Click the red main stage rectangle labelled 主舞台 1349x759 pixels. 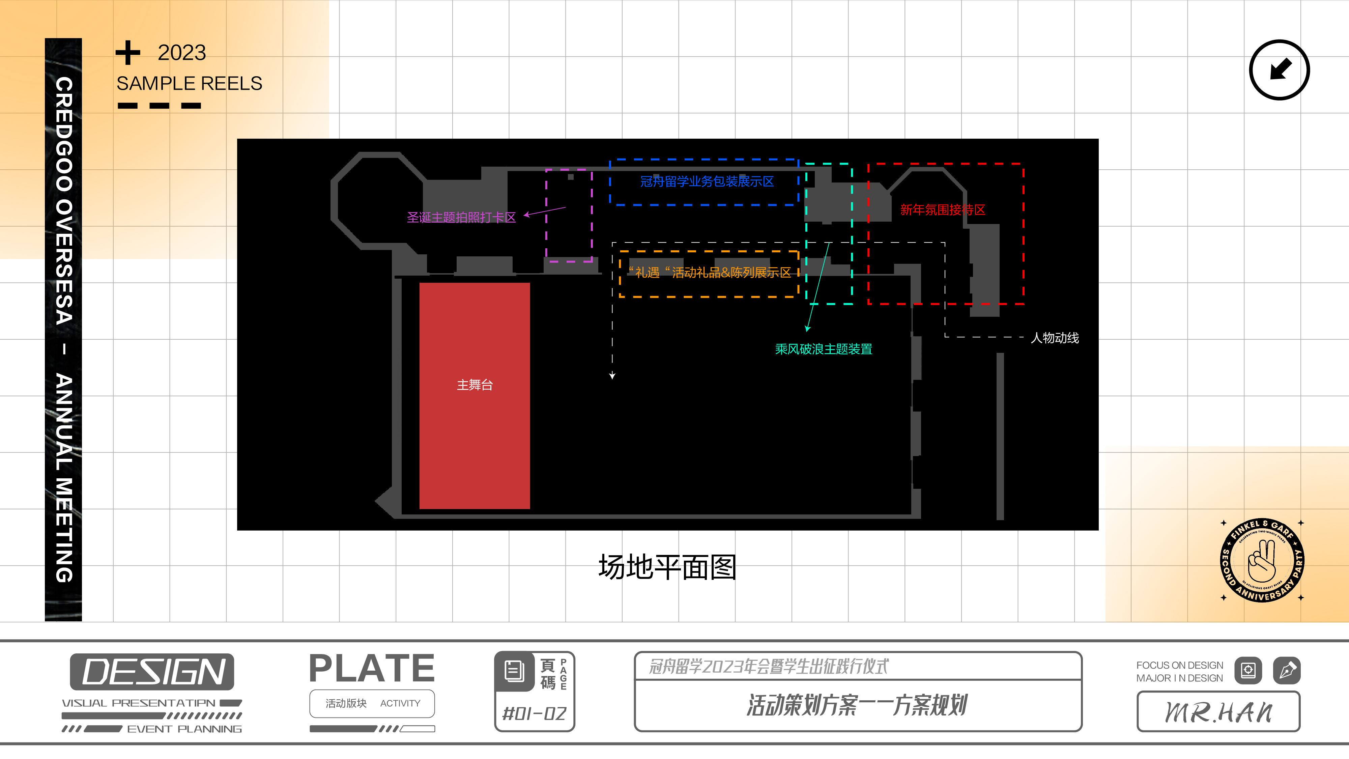475,395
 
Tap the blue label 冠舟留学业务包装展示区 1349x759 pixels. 707,182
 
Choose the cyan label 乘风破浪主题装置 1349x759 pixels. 823,349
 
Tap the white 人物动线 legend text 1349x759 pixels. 1054,338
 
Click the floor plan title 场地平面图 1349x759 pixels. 667,567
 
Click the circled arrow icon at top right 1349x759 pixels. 1279,70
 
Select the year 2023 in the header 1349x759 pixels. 182,53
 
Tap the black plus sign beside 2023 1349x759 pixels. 128,53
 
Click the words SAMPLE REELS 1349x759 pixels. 189,84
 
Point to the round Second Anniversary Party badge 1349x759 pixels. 1262,560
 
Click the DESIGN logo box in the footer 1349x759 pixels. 152,672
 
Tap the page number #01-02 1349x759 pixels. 534,713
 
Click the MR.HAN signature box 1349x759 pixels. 1218,712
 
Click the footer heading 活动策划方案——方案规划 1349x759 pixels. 857,705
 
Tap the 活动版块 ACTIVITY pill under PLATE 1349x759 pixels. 372,703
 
